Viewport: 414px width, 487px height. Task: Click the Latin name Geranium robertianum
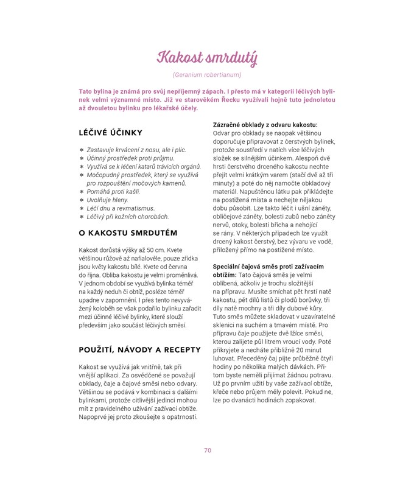tap(207, 75)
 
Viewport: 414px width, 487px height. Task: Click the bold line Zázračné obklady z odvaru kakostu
tap(265, 124)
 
